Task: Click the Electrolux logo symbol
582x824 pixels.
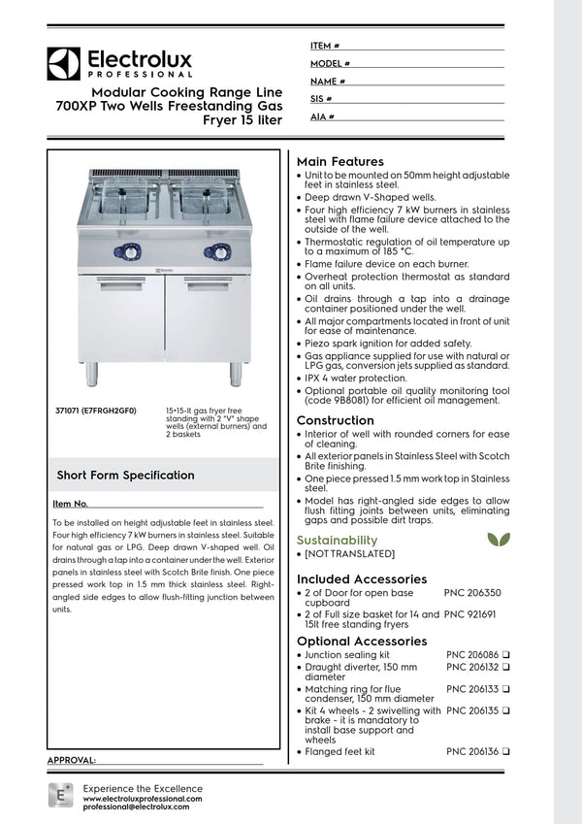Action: pyautogui.click(x=64, y=64)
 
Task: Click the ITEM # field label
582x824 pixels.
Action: pyautogui.click(x=324, y=46)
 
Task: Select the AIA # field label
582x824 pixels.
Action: pyautogui.click(x=322, y=115)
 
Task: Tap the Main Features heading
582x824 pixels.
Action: pyautogui.click(x=339, y=161)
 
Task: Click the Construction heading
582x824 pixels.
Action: pyautogui.click(x=335, y=420)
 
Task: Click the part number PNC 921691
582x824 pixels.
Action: pyautogui.click(x=472, y=613)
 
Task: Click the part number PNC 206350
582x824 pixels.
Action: pyautogui.click(x=472, y=591)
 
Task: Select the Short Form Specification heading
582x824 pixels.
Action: pyautogui.click(x=125, y=476)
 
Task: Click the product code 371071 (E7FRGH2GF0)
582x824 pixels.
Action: pyautogui.click(x=96, y=412)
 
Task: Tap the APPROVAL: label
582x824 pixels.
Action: pyautogui.click(x=72, y=760)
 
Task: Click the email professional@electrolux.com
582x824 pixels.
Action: pyautogui.click(x=143, y=807)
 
